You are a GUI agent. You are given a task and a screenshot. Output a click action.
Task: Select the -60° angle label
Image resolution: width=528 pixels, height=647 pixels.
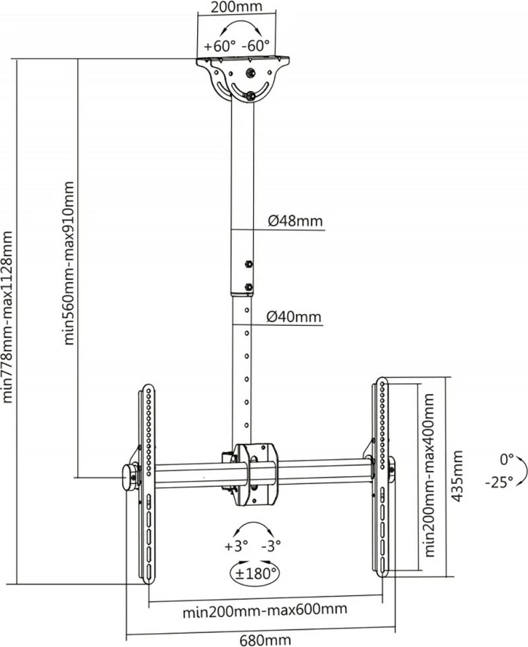[x=255, y=47]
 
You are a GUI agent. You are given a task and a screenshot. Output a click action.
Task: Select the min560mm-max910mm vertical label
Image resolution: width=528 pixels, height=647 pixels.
[x=68, y=263]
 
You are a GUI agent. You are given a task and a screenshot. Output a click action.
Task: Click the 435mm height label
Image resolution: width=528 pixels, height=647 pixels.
[x=459, y=476]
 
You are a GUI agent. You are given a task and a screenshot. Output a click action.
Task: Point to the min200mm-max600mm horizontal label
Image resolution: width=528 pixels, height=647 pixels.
[x=266, y=610]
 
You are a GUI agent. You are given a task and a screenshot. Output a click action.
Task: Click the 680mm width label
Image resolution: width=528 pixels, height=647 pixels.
[x=265, y=640]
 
